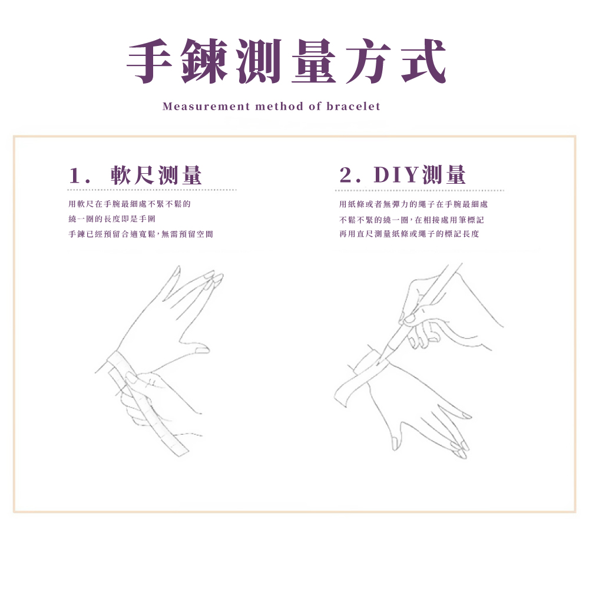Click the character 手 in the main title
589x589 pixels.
155,62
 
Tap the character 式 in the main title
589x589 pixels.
419,62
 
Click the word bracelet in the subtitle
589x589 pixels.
353,107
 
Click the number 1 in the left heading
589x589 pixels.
74,176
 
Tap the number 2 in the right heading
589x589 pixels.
346,176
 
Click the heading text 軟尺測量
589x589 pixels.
156,176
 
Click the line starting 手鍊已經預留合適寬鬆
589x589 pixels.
140,234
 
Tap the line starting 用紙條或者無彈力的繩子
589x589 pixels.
413,204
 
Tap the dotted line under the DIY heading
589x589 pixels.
419,191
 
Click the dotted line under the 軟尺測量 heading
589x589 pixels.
151,190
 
